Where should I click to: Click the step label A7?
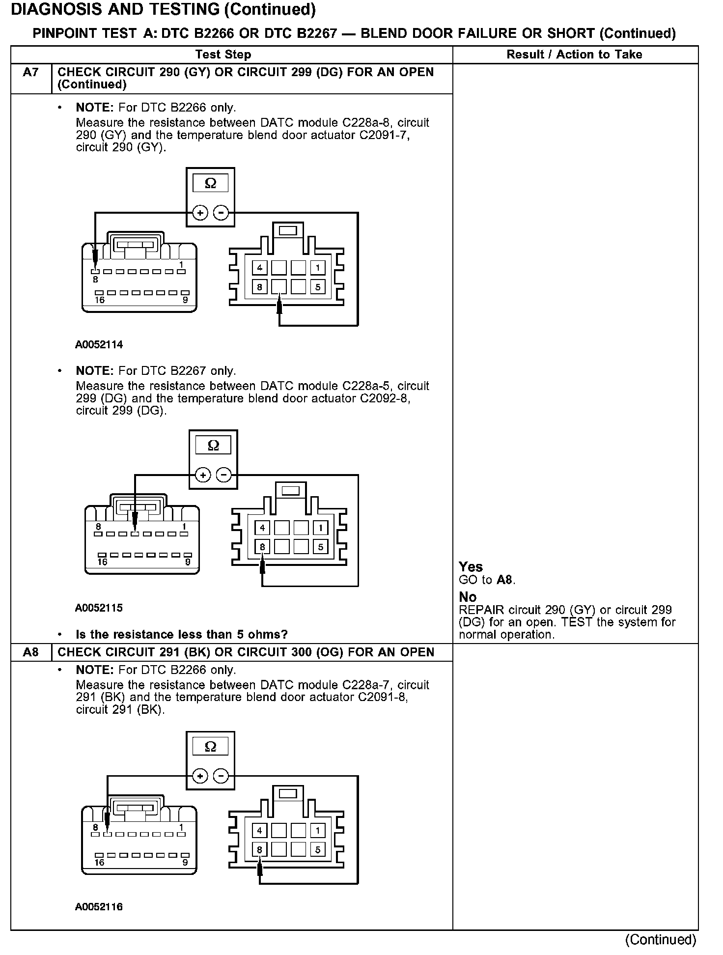[x=30, y=73]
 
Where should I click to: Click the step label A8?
[x=30, y=652]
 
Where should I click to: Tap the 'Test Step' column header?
[x=223, y=55]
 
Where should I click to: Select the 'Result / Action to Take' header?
[x=574, y=55]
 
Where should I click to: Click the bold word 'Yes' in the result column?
[x=471, y=567]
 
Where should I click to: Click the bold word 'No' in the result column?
[x=468, y=597]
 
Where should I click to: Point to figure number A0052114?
[x=99, y=345]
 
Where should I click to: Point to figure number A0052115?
[x=99, y=608]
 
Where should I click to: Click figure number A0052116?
[x=99, y=907]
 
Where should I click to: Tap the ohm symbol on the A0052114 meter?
[x=210, y=183]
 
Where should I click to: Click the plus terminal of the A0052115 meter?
[x=203, y=475]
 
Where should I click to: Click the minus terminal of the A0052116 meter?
[x=222, y=776]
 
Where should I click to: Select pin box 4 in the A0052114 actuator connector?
[x=259, y=268]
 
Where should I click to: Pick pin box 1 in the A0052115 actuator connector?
[x=321, y=528]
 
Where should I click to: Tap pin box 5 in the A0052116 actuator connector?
[x=318, y=849]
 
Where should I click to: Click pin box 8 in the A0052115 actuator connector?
[x=262, y=547]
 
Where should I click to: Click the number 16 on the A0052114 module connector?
[x=99, y=300]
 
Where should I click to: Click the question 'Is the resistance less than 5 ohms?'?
[x=181, y=634]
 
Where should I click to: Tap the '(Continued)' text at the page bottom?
[x=660, y=939]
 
